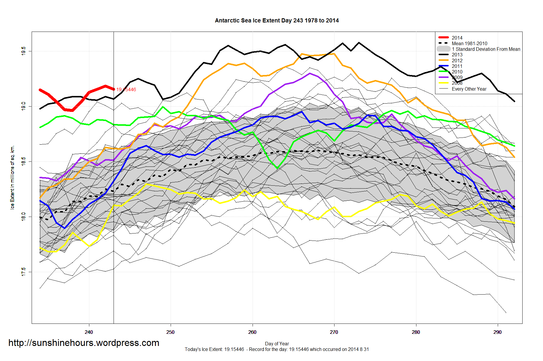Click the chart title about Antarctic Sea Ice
coord(277,21)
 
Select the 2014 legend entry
coord(457,38)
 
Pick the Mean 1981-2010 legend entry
coord(469,43)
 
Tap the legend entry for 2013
coord(457,55)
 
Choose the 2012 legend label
coord(457,61)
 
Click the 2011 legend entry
coord(457,66)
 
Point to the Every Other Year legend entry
coord(469,89)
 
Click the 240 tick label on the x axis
coord(89,332)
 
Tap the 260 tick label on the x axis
coord(252,332)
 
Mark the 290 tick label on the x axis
coord(497,332)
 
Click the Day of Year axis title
coord(277,344)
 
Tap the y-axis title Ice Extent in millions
coord(12,177)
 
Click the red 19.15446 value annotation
coord(126,89)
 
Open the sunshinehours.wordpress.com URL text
coord(84,343)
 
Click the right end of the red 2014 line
coord(114,89)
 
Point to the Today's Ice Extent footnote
coord(277,349)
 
